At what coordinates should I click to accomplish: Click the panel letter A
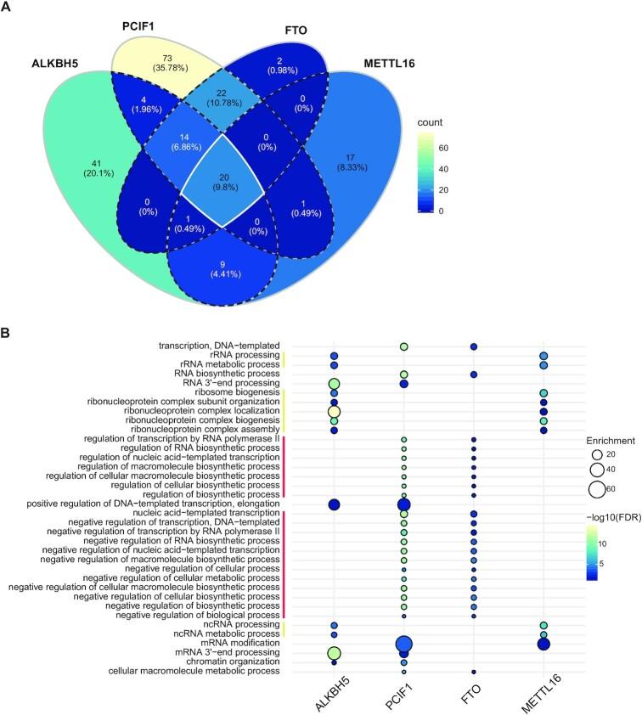coord(8,8)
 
